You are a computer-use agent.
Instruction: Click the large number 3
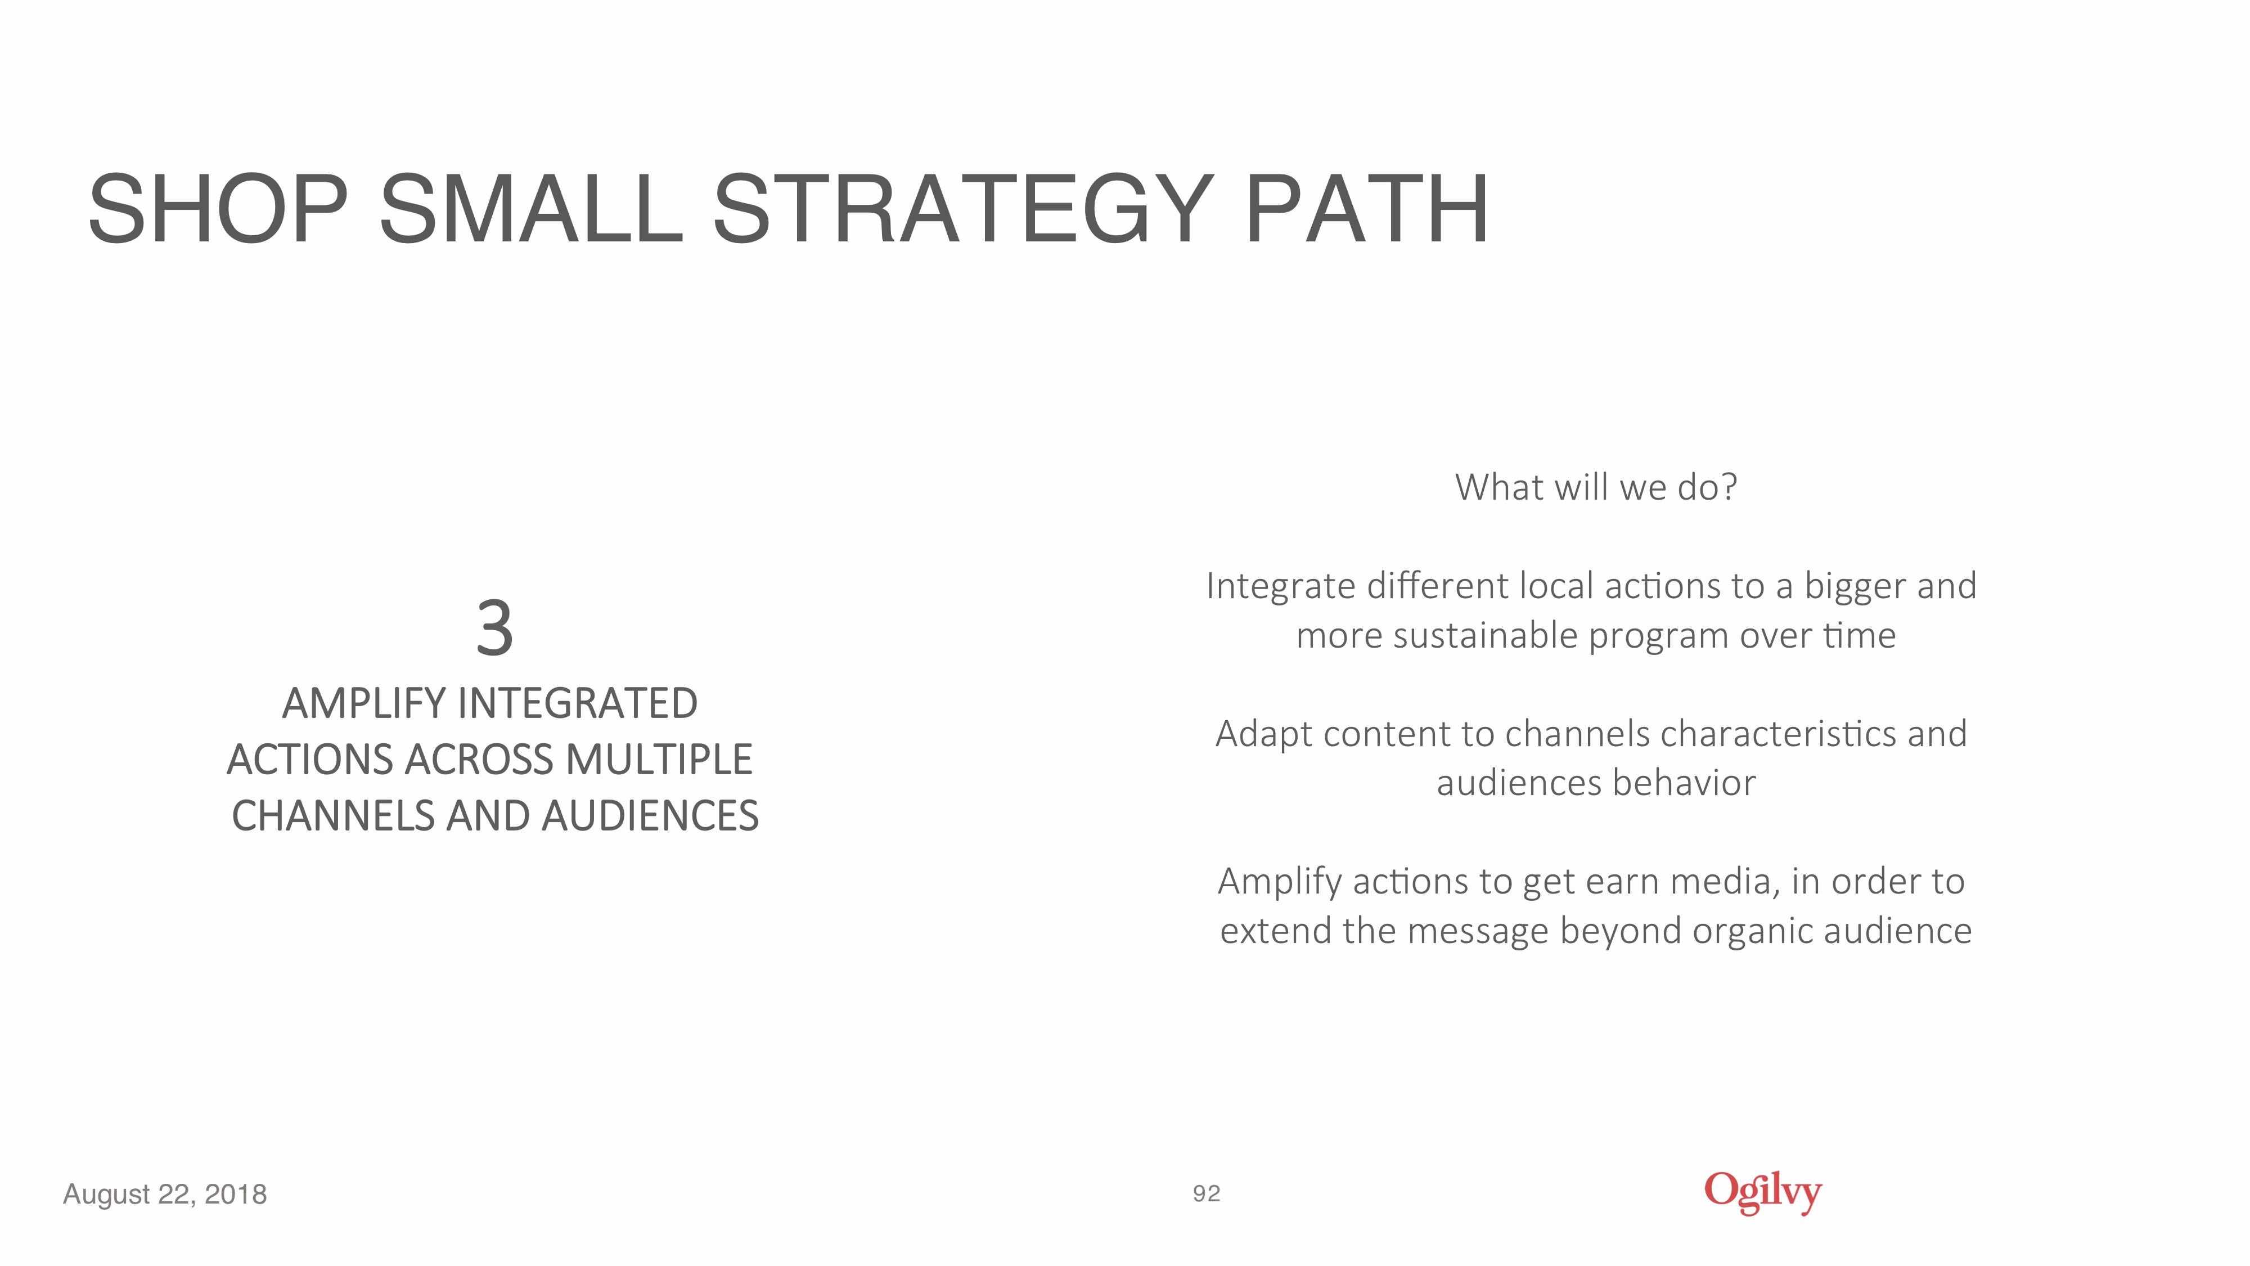pos(494,628)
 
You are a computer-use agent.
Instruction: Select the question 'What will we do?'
pos(1596,487)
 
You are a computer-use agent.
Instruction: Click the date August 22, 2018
pos(165,1195)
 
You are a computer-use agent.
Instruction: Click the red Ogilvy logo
pos(1763,1193)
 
